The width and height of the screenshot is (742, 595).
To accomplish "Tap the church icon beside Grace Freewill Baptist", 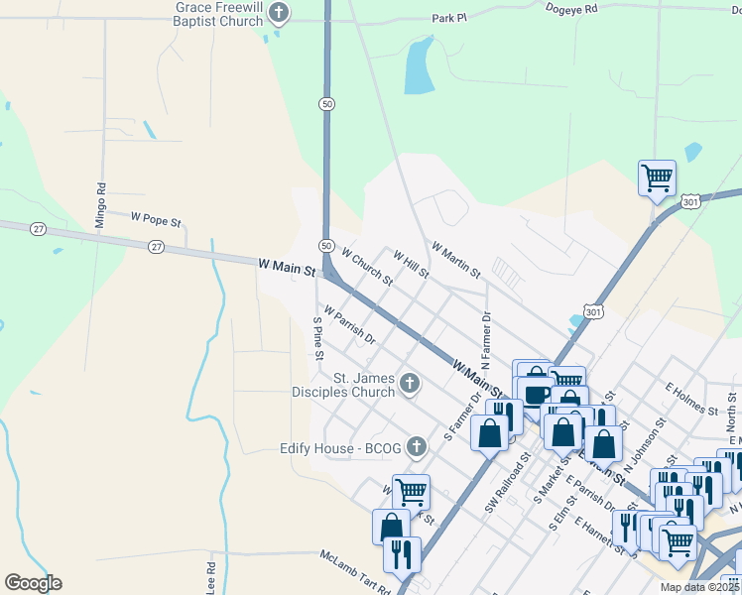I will (280, 13).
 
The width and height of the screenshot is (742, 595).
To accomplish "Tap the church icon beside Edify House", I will (417, 447).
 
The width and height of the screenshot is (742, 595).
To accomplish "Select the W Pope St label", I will (157, 216).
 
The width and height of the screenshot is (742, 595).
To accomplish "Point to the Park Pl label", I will (449, 18).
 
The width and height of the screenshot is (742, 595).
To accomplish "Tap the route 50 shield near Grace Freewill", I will (325, 103).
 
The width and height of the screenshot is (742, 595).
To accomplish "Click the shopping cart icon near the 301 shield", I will (657, 178).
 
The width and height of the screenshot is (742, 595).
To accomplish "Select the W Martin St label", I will (455, 259).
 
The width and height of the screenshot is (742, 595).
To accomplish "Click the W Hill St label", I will (411, 264).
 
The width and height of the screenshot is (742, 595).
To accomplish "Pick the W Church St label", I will (367, 267).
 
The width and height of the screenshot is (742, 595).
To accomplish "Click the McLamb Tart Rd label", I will (354, 571).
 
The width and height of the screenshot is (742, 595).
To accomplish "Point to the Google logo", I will (33, 583).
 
